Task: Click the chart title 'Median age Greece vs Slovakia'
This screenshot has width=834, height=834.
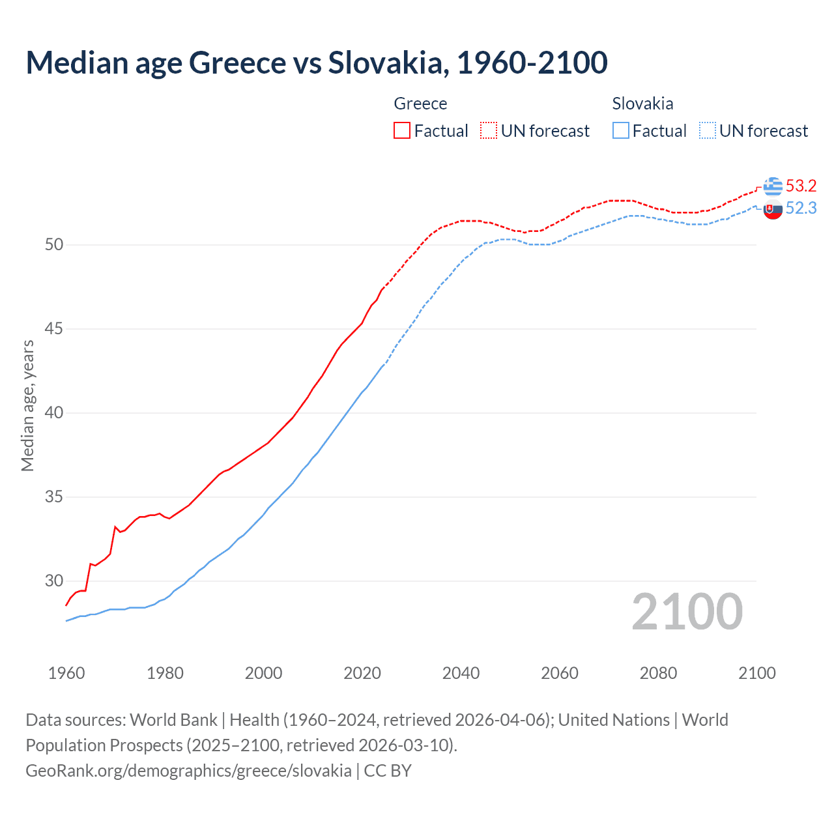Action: tap(317, 63)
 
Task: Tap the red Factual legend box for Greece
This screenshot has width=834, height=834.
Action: tap(402, 130)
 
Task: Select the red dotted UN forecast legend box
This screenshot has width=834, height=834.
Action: tap(489, 130)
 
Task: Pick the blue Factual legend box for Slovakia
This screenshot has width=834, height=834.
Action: tap(621, 130)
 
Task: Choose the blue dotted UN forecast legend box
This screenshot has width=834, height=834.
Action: tap(708, 130)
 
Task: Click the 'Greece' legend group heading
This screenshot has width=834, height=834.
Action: tap(420, 104)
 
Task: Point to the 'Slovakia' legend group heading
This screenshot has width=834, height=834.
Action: tap(642, 104)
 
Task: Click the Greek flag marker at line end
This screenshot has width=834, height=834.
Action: tap(773, 186)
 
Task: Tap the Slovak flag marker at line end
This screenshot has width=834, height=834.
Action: tap(773, 210)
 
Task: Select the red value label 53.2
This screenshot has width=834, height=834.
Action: tap(801, 186)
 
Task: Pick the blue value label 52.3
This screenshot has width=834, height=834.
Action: tap(801, 208)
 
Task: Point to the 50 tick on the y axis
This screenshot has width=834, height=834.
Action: tap(54, 245)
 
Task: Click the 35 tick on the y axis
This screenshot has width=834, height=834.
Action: tap(54, 497)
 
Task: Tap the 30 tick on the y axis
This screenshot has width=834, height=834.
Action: tap(54, 581)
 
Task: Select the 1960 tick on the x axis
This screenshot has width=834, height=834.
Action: tap(66, 673)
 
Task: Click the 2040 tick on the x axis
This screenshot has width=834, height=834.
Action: tap(461, 673)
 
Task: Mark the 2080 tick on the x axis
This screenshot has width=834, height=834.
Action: tap(658, 673)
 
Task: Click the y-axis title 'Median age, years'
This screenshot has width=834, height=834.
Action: tap(27, 405)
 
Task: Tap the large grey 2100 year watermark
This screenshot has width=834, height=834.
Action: tap(687, 612)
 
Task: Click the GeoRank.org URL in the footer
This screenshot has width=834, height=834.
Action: tap(188, 771)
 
